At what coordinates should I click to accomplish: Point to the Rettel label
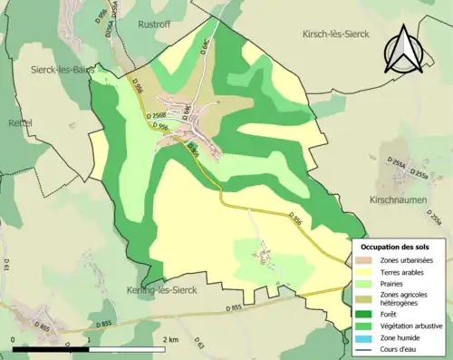click(x=20, y=122)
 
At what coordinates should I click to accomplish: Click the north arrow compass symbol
click(x=404, y=51)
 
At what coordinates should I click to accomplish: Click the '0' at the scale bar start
click(x=14, y=339)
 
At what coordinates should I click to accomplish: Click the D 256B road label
click(x=158, y=115)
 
